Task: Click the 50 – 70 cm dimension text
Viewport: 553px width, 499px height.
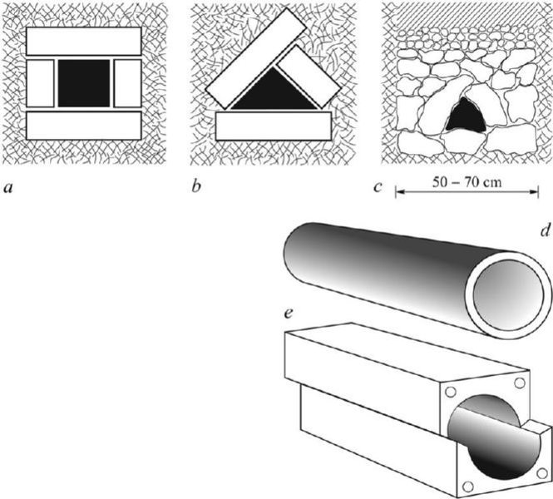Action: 467,181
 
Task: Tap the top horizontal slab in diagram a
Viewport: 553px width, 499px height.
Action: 83,42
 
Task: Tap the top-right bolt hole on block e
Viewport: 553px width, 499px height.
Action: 521,383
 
